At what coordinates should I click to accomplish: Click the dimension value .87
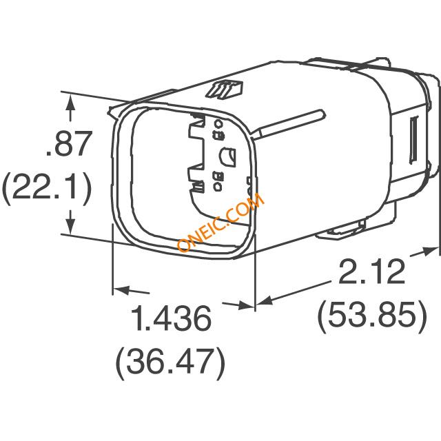pyautogui.click(x=69, y=143)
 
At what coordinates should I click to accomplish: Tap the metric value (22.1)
pyautogui.click(x=47, y=187)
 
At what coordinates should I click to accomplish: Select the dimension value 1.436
pyautogui.click(x=172, y=318)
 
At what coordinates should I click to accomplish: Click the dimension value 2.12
pyautogui.click(x=372, y=271)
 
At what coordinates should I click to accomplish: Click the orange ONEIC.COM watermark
pyautogui.click(x=220, y=222)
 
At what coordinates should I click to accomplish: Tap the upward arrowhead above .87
pyautogui.click(x=70, y=102)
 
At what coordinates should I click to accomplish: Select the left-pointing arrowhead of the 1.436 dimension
pyautogui.click(x=121, y=289)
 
